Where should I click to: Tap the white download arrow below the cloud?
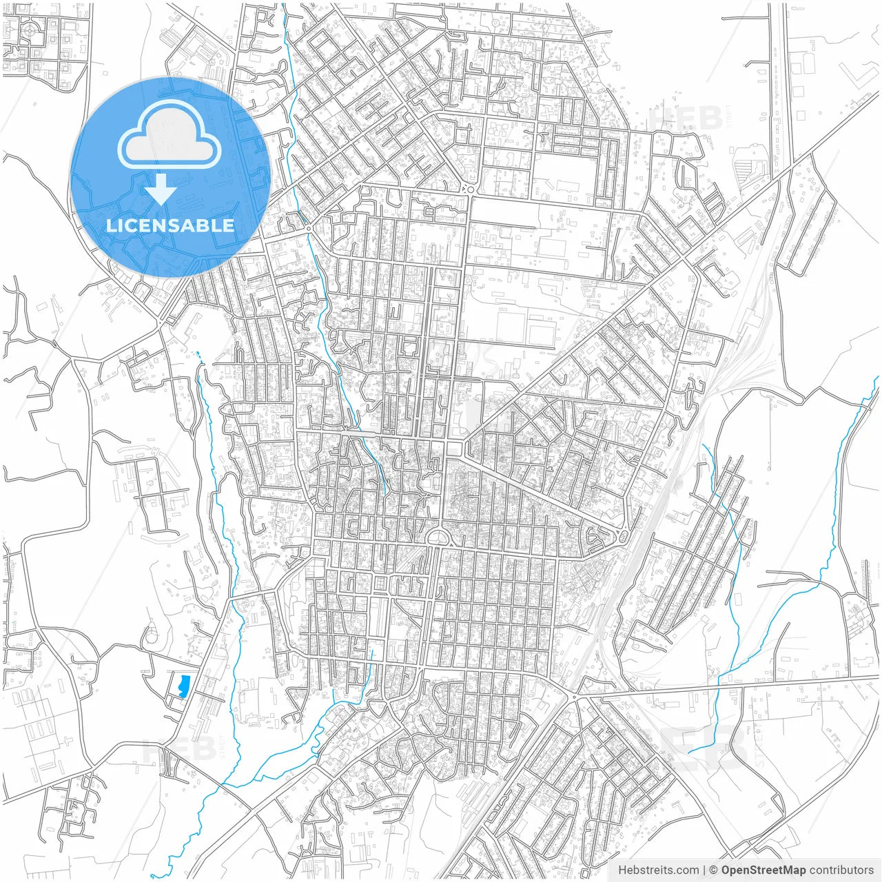[x=161, y=189]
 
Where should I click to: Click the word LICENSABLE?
[x=170, y=225]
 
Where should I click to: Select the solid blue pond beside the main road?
[x=183, y=686]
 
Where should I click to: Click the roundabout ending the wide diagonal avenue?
[x=622, y=536]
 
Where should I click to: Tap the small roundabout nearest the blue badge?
[x=308, y=227]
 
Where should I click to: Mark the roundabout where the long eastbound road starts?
[x=574, y=697]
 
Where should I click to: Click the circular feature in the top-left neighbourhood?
[x=30, y=30]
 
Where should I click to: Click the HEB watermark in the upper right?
[x=686, y=117]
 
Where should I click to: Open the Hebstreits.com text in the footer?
[x=658, y=870]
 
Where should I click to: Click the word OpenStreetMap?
[x=763, y=870]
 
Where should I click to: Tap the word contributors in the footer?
[x=841, y=870]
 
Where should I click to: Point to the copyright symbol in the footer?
[x=714, y=870]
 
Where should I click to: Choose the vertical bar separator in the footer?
[x=704, y=870]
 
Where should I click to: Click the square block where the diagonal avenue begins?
[x=453, y=449]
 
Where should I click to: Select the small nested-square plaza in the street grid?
[x=380, y=584]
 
